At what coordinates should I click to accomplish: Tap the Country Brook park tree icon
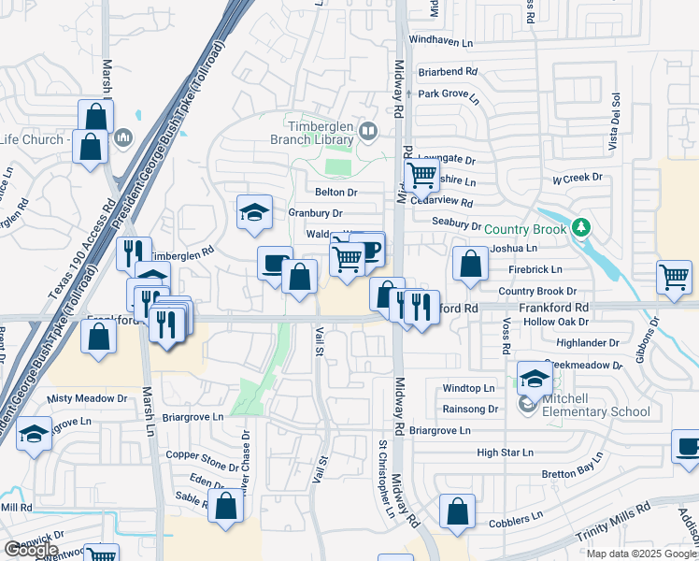580,227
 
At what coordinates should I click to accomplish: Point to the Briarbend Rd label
448,70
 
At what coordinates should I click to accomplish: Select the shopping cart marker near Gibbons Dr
674,278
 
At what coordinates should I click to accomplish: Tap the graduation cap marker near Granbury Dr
253,212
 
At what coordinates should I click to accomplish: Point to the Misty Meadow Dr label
87,398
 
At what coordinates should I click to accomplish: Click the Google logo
31,550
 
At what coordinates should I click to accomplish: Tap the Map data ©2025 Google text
641,554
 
